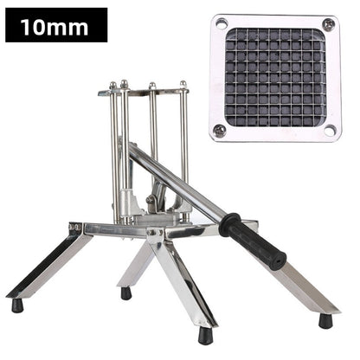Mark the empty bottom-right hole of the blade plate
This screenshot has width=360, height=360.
pyautogui.click(x=329, y=130)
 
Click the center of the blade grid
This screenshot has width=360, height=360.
pyautogui.click(x=274, y=76)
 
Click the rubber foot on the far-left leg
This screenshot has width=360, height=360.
pyautogui.click(x=17, y=305)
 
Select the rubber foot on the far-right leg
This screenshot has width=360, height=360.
pyautogui.click(x=325, y=320)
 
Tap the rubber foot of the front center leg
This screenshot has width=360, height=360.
pyautogui.click(x=205, y=334)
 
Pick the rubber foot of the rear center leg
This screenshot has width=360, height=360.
pyautogui.click(x=126, y=292)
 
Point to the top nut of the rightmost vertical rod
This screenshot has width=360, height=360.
pyautogui.click(x=183, y=84)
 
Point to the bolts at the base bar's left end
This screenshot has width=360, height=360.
pyautogui.click(x=77, y=228)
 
